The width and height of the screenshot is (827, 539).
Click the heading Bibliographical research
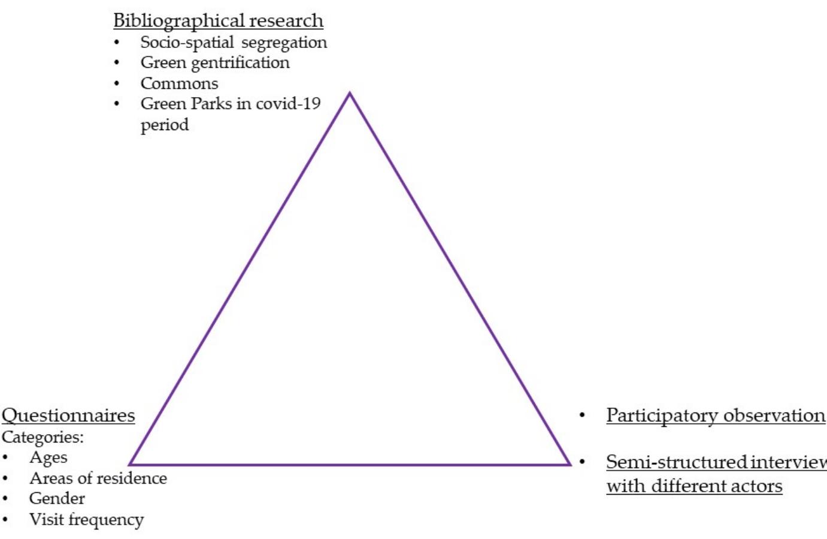pos(218,20)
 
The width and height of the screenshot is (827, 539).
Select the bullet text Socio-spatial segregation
pos(234,43)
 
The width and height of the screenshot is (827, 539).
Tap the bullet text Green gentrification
pos(215,63)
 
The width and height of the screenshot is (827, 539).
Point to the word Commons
pos(179,83)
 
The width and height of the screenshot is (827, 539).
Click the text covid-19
pos(288,104)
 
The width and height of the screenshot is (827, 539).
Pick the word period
pos(164,125)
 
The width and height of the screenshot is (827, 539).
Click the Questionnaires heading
pos(68,415)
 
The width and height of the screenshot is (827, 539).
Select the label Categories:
pos(43,437)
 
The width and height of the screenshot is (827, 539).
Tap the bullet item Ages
pos(48,457)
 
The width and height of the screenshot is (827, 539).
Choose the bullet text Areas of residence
pos(98,478)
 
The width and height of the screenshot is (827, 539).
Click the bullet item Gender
pos(57,498)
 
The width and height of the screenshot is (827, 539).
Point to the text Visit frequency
pos(86,519)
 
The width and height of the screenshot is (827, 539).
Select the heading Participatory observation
pos(715,415)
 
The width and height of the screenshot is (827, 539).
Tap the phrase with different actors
pos(694,486)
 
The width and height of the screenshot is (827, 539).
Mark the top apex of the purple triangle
pos(350,94)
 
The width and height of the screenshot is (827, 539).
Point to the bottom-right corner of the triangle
pos(569,463)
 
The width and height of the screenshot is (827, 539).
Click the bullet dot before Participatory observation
pos(581,415)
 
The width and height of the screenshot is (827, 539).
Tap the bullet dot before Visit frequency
pos(5,520)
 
